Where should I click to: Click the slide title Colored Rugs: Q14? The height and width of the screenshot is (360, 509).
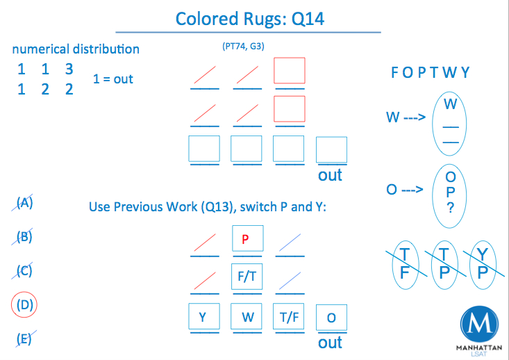[249, 19]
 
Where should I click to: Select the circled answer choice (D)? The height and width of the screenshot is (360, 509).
[26, 304]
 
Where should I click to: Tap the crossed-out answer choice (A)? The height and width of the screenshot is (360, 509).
[25, 203]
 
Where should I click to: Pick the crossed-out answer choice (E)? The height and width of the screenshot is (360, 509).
[25, 338]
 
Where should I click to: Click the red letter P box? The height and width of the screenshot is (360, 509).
[245, 239]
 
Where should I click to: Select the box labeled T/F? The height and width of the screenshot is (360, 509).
[288, 318]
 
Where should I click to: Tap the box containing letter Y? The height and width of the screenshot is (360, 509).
[203, 318]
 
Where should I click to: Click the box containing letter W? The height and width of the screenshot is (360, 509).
[247, 318]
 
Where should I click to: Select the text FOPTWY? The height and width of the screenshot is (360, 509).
[431, 72]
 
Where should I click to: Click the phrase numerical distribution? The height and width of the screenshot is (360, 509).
[76, 49]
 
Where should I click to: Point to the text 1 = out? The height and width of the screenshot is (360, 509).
[113, 79]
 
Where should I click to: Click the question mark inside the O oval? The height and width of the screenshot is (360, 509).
[451, 206]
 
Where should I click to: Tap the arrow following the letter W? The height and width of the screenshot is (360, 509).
[414, 117]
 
